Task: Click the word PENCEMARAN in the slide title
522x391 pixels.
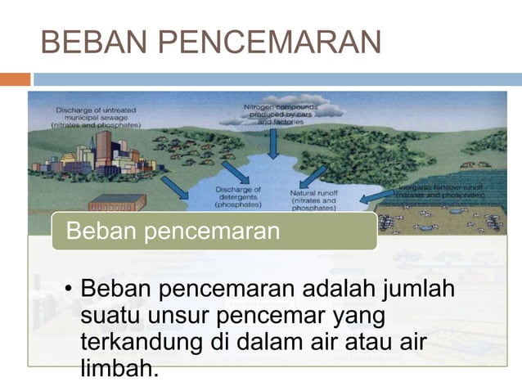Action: click(x=268, y=42)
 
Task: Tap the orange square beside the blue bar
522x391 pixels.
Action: click(x=15, y=80)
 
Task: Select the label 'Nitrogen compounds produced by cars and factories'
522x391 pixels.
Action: click(x=292, y=112)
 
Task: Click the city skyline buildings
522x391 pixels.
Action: click(x=98, y=155)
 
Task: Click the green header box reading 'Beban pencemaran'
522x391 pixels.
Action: click(x=214, y=231)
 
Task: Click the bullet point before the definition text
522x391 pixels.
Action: click(x=70, y=291)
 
